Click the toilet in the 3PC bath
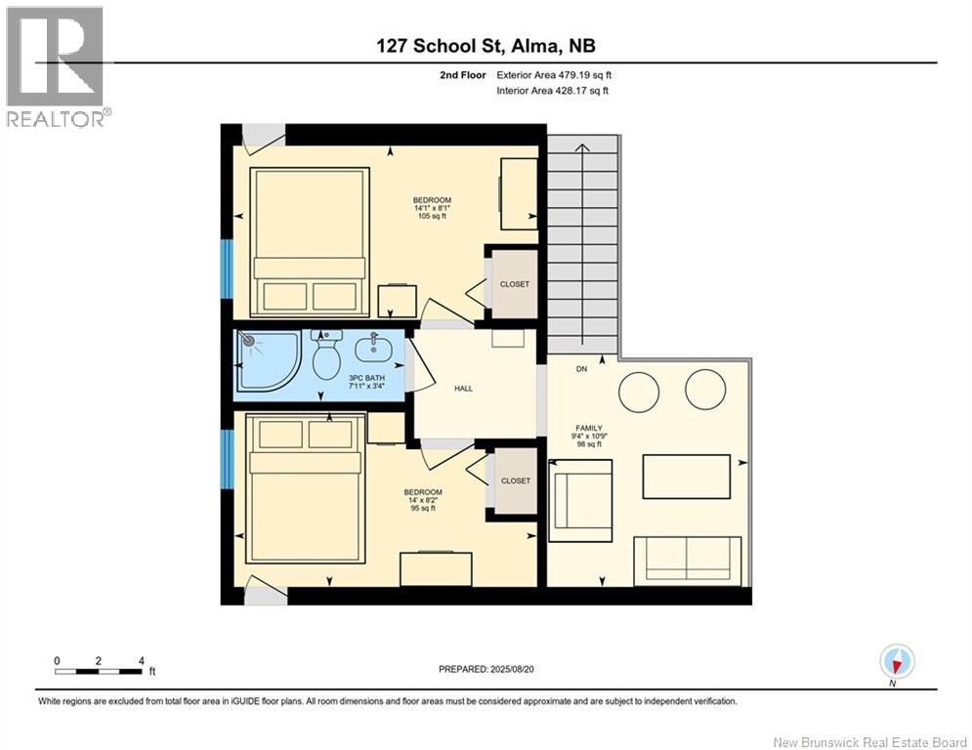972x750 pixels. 326,355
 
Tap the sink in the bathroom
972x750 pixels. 373,348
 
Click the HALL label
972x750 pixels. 464,389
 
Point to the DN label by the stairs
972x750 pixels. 581,369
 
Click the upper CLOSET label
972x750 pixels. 515,284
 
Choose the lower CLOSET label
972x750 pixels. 516,480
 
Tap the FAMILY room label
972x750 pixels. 589,428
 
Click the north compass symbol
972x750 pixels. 897,661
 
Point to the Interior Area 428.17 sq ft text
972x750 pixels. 552,91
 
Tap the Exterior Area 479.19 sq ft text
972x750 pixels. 554,75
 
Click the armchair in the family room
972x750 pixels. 581,501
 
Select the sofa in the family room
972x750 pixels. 688,561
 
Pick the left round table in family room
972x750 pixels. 639,392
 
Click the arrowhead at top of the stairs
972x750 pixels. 582,147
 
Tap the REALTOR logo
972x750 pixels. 56,67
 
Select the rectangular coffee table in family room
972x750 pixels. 686,477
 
